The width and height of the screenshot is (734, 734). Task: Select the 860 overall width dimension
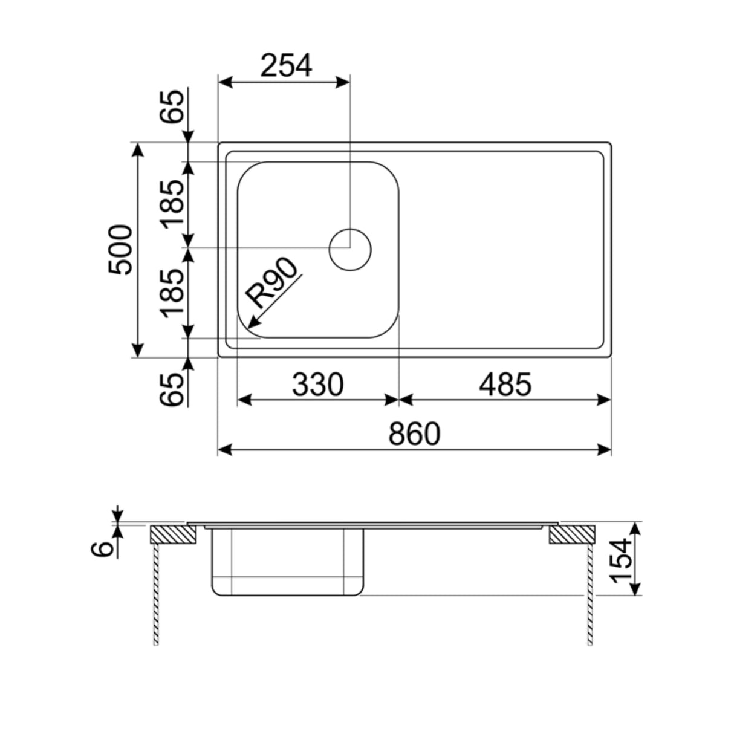414,434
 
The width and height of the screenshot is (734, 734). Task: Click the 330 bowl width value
317,385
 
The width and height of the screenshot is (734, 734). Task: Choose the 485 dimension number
505,385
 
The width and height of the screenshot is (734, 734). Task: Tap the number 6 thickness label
105,548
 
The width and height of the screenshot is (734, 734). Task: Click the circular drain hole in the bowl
350,249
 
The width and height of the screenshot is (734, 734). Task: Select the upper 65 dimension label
173,108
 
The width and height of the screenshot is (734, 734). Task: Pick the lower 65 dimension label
173,389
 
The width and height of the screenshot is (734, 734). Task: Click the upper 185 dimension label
173,203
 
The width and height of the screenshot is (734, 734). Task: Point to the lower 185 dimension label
173,293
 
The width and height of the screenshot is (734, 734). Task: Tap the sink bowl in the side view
287,562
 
